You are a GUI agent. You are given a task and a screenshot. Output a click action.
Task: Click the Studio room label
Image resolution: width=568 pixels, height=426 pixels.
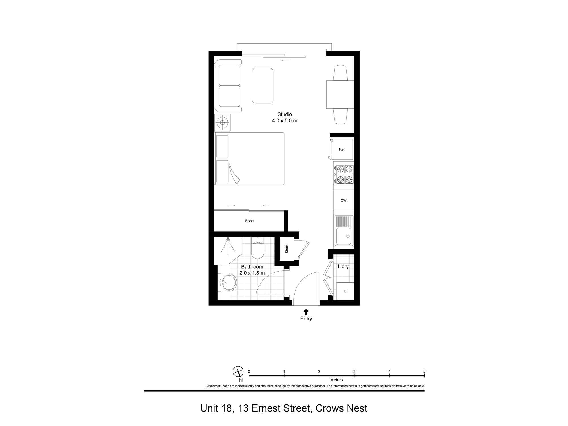tap(285, 114)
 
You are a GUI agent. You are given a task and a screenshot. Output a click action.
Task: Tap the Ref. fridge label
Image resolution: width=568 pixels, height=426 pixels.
tap(342, 149)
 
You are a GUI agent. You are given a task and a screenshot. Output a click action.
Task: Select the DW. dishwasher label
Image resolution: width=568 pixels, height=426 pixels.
tap(344, 201)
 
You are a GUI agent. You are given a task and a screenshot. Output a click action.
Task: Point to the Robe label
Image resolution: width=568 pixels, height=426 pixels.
tap(249, 221)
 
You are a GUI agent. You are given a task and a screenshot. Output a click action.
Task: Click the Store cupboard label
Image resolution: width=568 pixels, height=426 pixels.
tap(287, 249)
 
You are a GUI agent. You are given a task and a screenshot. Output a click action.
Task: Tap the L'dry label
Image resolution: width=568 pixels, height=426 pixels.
tap(343, 266)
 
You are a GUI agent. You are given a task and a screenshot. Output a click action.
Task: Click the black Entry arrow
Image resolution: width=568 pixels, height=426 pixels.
tap(306, 312)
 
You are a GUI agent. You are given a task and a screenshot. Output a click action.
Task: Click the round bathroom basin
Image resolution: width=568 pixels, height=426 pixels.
tap(229, 283)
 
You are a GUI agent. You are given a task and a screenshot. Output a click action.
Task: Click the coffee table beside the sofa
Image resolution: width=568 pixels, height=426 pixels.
tap(263, 85)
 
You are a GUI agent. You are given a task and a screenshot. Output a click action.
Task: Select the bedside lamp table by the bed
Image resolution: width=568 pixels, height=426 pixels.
tap(222, 122)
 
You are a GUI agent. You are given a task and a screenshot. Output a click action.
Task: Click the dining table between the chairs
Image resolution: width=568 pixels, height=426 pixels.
tap(340, 95)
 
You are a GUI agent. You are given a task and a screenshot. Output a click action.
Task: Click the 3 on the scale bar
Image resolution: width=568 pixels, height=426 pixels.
tap(354, 371)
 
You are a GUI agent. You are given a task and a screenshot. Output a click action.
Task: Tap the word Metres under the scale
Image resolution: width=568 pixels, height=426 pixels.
tap(336, 380)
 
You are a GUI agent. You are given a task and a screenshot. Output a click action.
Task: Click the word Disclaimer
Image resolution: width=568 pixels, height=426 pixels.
tap(213, 386)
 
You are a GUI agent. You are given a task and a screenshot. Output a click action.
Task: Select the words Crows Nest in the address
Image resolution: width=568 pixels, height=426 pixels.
tap(341, 408)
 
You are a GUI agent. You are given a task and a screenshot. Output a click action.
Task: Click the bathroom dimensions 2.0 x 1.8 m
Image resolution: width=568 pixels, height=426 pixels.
tap(252, 273)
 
